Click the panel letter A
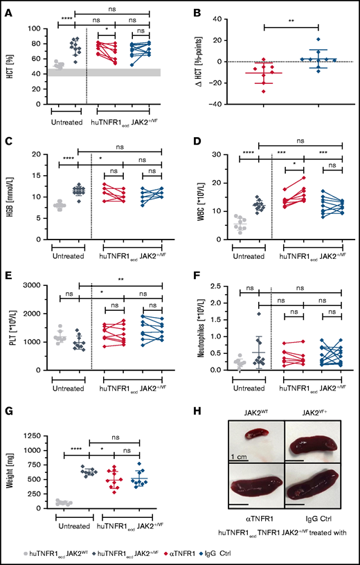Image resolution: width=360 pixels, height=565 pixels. point(9,10)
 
